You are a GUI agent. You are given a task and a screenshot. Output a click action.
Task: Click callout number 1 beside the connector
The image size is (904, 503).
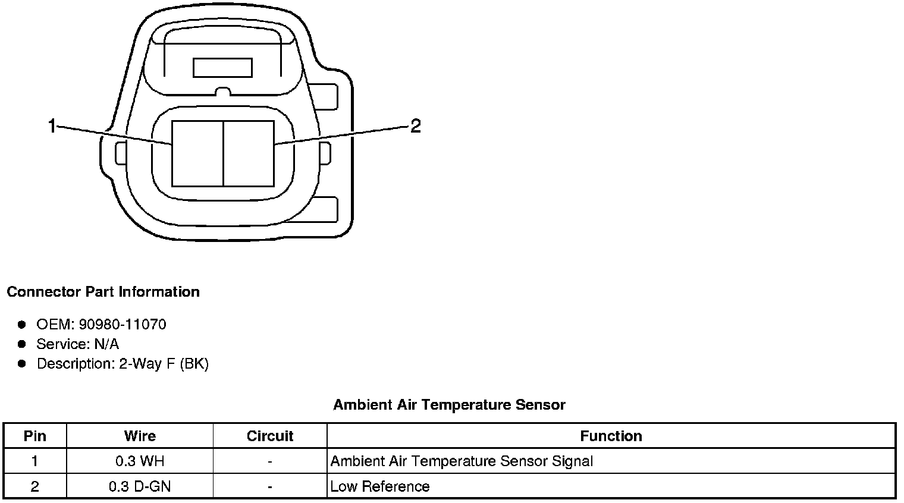[x=52, y=126]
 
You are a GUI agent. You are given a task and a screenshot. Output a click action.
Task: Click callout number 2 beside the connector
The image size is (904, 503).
[x=415, y=125]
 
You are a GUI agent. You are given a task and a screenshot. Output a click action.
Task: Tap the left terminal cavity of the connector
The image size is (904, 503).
[x=197, y=153]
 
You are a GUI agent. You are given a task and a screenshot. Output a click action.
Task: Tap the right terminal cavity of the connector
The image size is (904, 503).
[x=249, y=153]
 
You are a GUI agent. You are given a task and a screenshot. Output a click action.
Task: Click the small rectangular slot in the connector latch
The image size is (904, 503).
[x=222, y=68]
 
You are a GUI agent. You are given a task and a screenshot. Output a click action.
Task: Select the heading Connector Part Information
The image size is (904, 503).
[x=103, y=292]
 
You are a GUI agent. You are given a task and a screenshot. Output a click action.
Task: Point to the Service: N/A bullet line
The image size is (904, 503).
[x=77, y=344]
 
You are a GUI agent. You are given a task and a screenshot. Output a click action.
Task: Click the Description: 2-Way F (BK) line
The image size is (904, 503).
[x=123, y=364]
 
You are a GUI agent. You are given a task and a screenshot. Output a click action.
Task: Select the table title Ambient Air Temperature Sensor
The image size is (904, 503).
[x=449, y=405]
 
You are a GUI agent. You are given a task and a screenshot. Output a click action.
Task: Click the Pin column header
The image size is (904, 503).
[x=35, y=436]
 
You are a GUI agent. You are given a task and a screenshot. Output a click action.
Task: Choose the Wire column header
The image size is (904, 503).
[x=140, y=436]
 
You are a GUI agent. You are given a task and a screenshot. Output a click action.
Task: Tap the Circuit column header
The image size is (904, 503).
[x=270, y=436]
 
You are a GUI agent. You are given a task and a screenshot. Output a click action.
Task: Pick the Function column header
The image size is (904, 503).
[x=611, y=436]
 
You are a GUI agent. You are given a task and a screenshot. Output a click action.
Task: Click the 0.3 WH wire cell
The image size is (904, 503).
[x=140, y=461]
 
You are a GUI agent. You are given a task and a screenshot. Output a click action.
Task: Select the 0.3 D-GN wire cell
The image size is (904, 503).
[x=140, y=486]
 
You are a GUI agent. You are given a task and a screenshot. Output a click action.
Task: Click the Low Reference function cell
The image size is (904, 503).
[x=380, y=486]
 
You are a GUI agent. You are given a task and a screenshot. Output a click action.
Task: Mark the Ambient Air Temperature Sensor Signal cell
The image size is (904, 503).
[x=462, y=461]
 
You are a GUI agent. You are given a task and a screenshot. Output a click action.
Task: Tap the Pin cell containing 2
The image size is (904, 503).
[x=35, y=486]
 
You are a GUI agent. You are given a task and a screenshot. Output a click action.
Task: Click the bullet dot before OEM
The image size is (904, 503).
[x=22, y=325]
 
